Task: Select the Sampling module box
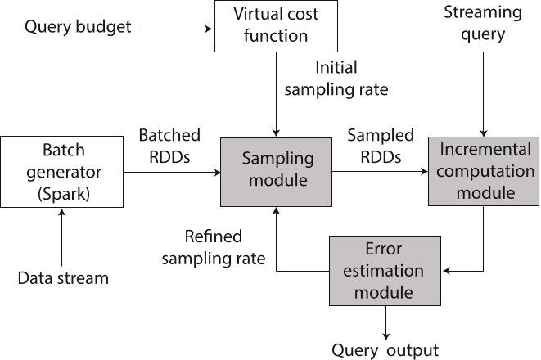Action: pos(276,172)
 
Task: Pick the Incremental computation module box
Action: pos(483,171)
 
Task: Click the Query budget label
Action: pos(78,27)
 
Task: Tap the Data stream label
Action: pos(63,277)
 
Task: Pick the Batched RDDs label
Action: pos(169,145)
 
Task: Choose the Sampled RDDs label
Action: pos(381,145)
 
